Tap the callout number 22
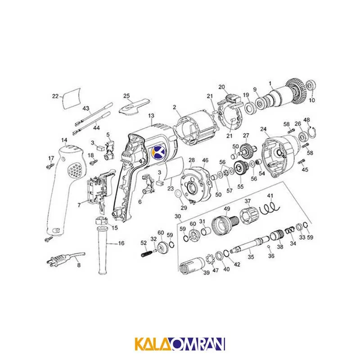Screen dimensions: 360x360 (x=55, y=96)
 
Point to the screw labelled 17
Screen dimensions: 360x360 (x=50, y=166)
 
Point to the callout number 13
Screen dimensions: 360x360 (x=151, y=116)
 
